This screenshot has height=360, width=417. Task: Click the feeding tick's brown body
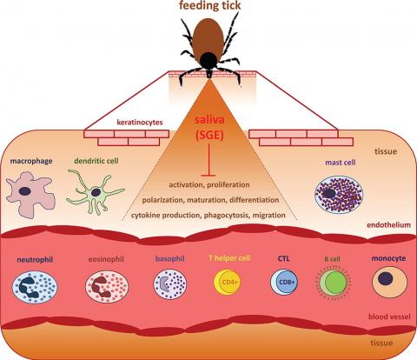tap(208, 37)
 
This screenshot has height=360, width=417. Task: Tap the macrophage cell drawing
tap(30, 194)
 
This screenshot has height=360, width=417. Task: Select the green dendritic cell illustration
tap(95, 192)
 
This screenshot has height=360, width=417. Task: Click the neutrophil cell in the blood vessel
tap(35, 287)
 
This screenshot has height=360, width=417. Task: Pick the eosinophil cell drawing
tap(107, 286)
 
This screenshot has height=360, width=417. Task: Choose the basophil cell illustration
tap(170, 284)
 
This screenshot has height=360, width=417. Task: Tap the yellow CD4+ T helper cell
tap(227, 282)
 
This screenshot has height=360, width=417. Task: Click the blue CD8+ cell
tap(284, 282)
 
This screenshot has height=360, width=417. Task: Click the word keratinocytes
tap(140, 123)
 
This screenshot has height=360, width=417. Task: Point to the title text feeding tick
tap(209, 5)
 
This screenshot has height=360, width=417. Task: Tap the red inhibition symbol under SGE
tap(208, 160)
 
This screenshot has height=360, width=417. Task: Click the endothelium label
tap(388, 225)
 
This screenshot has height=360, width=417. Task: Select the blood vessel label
tap(389, 317)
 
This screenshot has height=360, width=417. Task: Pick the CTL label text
tap(283, 258)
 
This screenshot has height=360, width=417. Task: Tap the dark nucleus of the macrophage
tap(25, 191)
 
